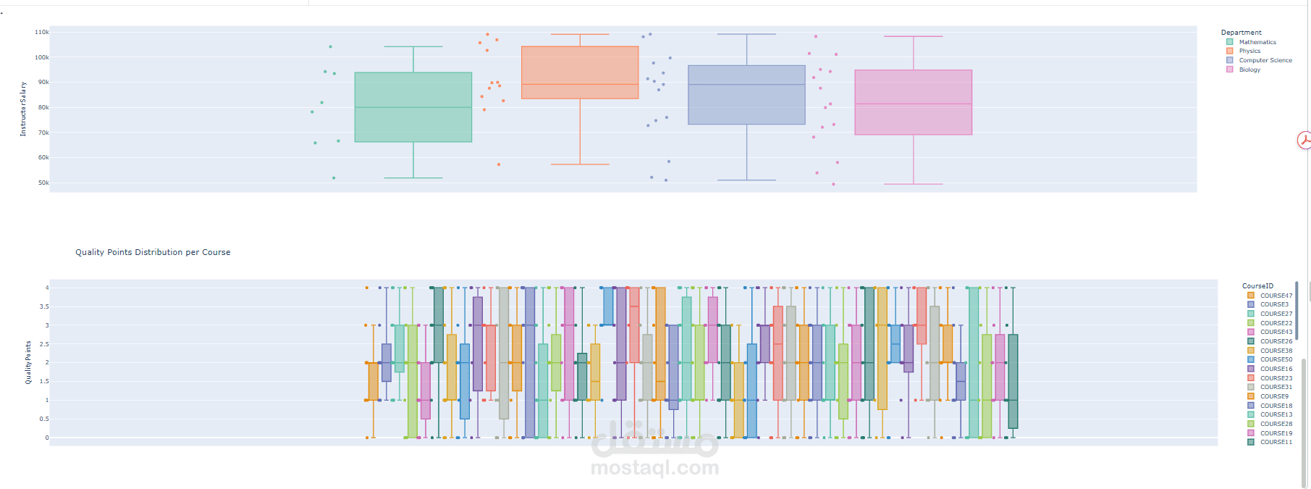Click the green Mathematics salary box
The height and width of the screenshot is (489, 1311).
coord(413,106)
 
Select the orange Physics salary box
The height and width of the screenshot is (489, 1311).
coord(580,72)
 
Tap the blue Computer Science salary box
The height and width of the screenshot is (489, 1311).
coord(746,95)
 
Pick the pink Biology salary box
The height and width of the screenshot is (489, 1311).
coord(913,102)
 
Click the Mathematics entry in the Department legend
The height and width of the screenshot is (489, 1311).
coord(1257,42)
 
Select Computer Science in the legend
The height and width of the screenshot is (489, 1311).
coord(1265,60)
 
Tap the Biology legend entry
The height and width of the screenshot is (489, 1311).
coord(1249,70)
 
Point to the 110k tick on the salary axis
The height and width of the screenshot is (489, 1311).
coord(42,33)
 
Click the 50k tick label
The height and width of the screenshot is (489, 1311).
coord(43,183)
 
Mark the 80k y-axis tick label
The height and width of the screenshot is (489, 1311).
coord(43,108)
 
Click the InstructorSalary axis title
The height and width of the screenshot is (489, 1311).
coord(23,109)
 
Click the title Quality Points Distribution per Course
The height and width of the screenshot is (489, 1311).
coord(153,252)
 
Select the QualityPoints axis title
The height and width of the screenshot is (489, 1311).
coord(29,362)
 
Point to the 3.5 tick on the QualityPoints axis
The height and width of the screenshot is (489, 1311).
coord(44,306)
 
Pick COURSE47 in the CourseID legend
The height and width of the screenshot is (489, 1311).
coord(1276,296)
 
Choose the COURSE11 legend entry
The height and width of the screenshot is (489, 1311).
coord(1276,442)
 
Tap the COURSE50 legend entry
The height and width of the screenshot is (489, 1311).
coord(1276,359)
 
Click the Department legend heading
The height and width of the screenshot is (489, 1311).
coord(1241,33)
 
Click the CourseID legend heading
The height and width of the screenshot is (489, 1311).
coord(1257,286)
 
